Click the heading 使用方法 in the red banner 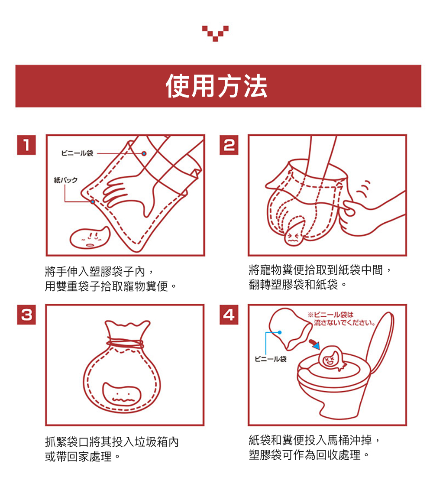216,86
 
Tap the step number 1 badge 26,145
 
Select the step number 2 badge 229,145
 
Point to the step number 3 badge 26,315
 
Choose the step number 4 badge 229,315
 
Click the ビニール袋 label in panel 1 77,153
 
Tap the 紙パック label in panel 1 65,180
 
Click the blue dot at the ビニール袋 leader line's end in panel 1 144,153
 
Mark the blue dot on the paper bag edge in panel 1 93,201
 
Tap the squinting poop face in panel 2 293,237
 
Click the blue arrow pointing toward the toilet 315,344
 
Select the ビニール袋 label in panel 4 270,359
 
